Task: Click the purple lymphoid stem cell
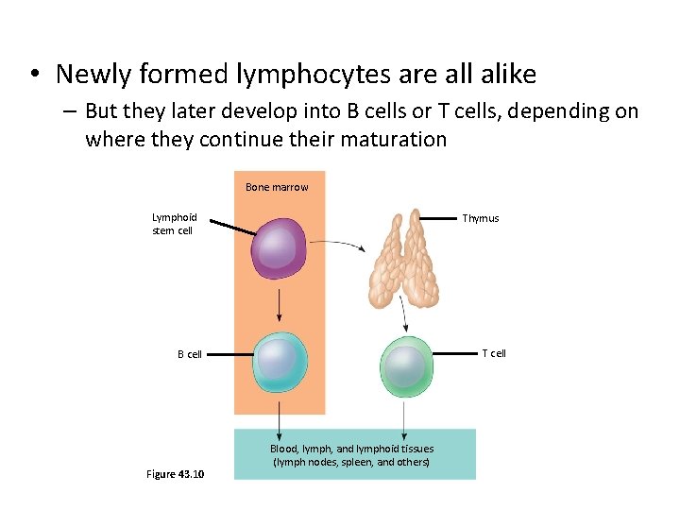click(x=280, y=248)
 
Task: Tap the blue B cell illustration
click(x=280, y=362)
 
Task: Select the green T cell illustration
click(x=406, y=364)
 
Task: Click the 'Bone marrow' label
click(x=277, y=187)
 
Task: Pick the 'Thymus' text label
click(x=480, y=218)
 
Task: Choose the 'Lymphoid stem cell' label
click(x=173, y=224)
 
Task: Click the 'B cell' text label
click(x=189, y=355)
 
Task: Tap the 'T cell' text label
click(x=494, y=353)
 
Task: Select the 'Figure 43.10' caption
click(x=176, y=473)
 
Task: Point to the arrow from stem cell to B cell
click(x=280, y=304)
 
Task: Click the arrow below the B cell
click(x=280, y=416)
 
